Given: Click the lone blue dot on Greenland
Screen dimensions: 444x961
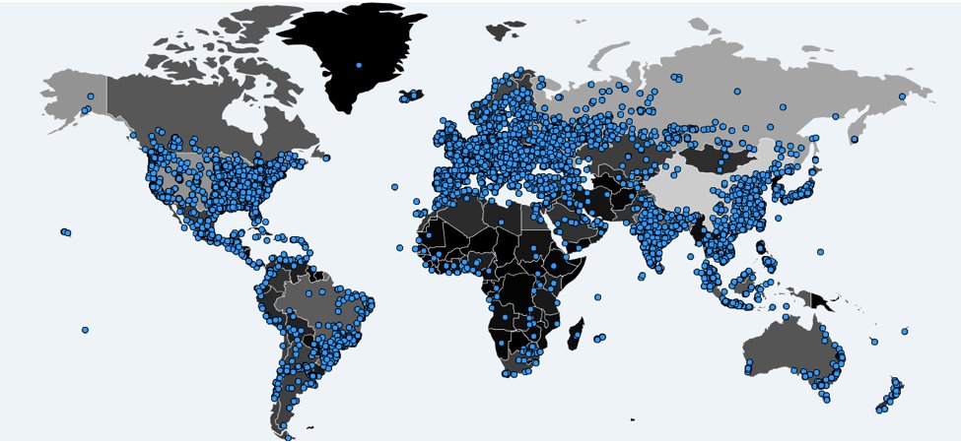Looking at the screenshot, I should coord(359,65).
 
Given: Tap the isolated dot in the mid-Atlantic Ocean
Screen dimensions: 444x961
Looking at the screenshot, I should coord(394,186).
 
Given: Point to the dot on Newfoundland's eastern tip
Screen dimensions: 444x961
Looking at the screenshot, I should coord(326,158).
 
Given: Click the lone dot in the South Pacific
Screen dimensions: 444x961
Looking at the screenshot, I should coord(86,330).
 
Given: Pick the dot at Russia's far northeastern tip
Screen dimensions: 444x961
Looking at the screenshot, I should coord(903,96).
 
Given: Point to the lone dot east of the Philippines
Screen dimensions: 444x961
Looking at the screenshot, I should coord(820,252).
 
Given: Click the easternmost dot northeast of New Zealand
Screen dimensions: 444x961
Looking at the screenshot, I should coord(905,332).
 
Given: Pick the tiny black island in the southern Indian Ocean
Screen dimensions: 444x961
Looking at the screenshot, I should coord(633,420).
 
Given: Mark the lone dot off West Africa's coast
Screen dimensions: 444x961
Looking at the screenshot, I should coord(400,248).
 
